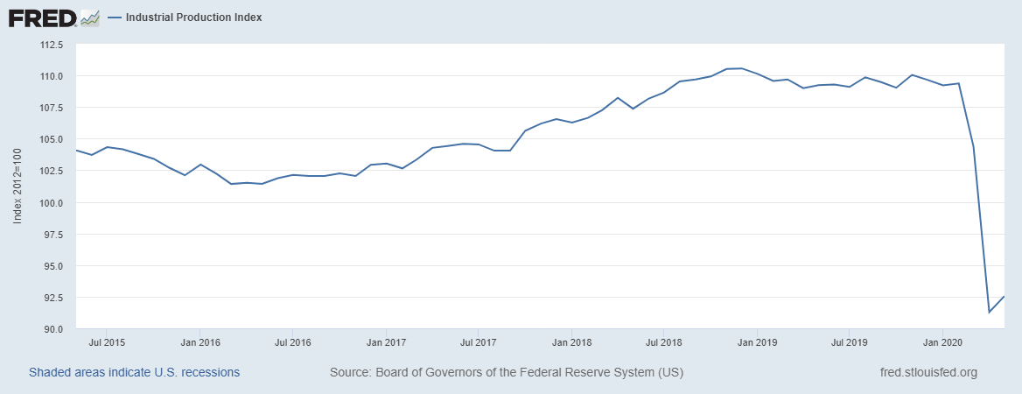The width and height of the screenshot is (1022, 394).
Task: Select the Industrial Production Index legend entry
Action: point(193,18)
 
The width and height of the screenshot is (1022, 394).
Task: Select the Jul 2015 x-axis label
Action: point(106,341)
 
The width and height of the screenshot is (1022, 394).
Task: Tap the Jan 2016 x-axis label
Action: point(199,341)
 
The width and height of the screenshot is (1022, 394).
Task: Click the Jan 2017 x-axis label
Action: point(385,341)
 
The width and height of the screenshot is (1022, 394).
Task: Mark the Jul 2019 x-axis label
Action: point(849,341)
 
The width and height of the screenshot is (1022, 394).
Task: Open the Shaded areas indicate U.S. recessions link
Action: point(134,372)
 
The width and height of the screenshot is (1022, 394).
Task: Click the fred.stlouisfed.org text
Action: point(927,372)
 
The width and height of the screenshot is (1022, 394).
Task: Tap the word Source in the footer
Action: point(349,372)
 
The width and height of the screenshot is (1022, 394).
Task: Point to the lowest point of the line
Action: point(989,312)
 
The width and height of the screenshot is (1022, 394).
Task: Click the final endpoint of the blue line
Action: point(1004,297)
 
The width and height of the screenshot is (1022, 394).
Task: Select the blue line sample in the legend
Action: point(114,18)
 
